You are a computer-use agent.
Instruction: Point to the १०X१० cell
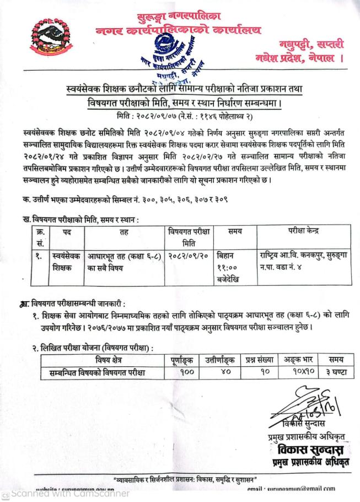coord(297,373)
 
